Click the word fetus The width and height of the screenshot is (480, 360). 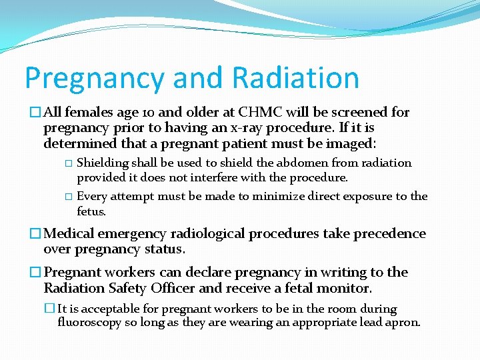(x=91, y=211)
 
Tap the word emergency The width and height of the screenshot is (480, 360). (x=135, y=234)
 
